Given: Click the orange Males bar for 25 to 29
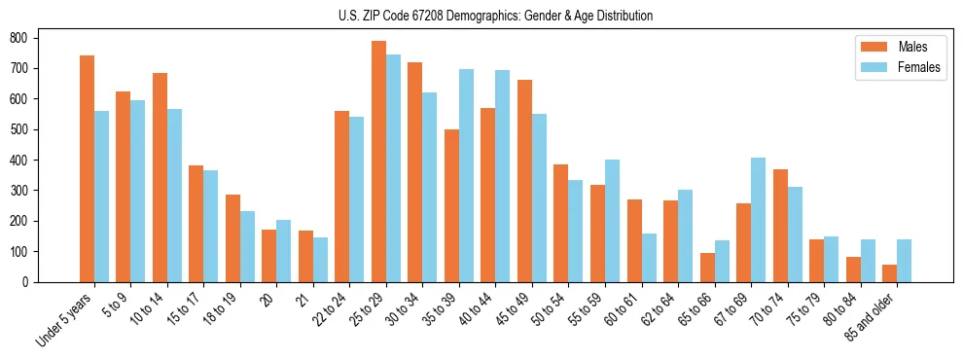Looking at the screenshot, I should tap(378, 162).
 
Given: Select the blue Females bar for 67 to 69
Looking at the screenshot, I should tap(758, 220).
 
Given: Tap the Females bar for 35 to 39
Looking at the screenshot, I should tap(466, 175).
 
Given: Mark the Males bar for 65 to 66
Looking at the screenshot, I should tap(707, 268).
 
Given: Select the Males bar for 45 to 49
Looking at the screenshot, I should tap(524, 181).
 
